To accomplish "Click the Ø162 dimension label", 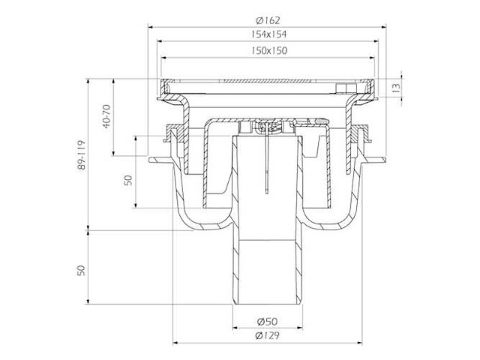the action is pyautogui.click(x=268, y=20).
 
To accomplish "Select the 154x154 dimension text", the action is pyautogui.click(x=268, y=34).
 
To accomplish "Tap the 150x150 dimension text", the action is pyautogui.click(x=269, y=50).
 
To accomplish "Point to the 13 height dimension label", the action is pyautogui.click(x=396, y=88).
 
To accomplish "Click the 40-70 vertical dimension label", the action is pyautogui.click(x=106, y=116).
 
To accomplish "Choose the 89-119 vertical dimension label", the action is pyautogui.click(x=82, y=155).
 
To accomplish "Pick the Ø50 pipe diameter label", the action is pyautogui.click(x=267, y=322).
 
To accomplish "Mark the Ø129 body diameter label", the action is pyautogui.click(x=267, y=335).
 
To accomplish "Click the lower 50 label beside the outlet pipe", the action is pyautogui.click(x=81, y=270).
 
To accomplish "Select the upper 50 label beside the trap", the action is pyautogui.click(x=128, y=180).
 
